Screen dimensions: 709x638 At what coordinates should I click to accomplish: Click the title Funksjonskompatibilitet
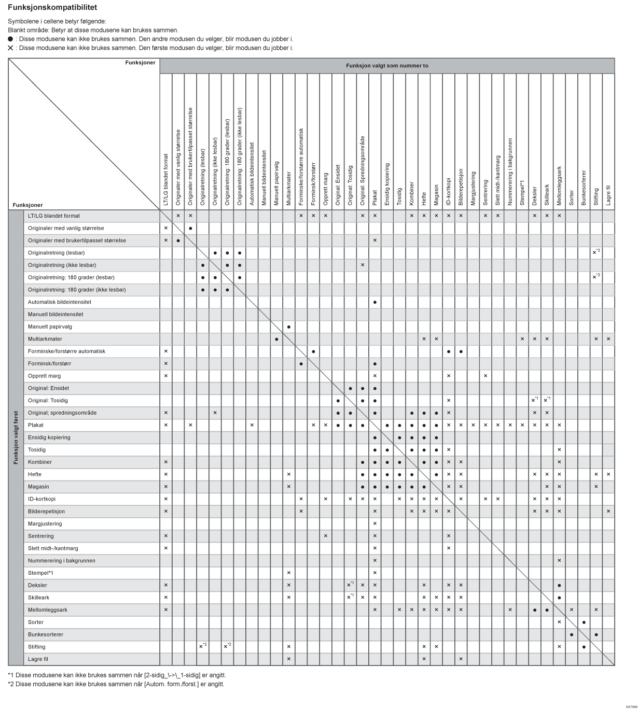52,8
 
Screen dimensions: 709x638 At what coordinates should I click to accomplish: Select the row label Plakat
36,425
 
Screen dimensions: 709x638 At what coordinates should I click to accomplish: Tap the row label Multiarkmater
45,339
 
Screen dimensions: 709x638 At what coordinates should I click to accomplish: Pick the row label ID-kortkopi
42,499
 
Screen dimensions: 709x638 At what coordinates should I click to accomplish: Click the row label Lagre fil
38,659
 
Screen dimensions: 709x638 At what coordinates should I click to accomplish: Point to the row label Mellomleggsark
48,610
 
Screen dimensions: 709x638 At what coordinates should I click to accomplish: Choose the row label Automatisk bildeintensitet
60,302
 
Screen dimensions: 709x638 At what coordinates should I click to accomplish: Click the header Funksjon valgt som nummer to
387,66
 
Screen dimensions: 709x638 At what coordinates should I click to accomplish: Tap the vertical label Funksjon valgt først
16,437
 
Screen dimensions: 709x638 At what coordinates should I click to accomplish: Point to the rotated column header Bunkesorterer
584,188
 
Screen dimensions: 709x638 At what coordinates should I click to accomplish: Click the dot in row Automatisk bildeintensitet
375,302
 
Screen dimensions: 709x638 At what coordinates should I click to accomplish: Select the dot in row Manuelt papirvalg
288,327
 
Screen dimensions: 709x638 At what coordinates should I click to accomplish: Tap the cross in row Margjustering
375,523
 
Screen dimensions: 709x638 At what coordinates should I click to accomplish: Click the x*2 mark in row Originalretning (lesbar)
596,252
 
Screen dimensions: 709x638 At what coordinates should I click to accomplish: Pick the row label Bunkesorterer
46,634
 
